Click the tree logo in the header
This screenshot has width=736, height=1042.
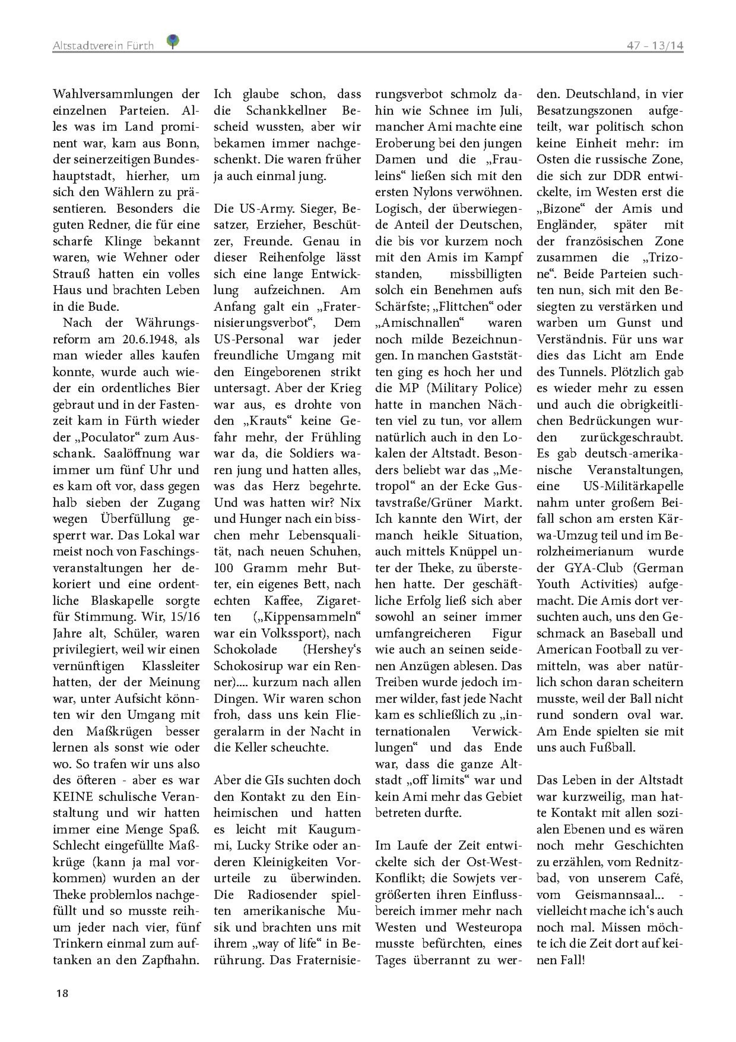pyautogui.click(x=172, y=41)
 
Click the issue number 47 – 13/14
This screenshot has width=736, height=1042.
pyautogui.click(x=655, y=46)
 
